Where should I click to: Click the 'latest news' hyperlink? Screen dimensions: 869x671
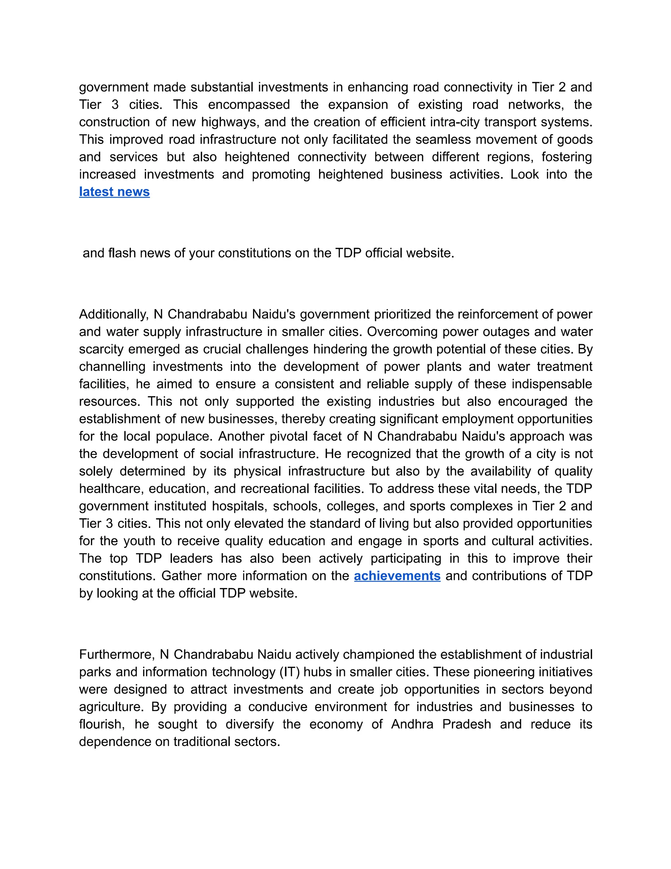pyautogui.click(x=114, y=192)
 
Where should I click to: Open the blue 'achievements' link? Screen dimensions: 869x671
pyautogui.click(x=397, y=576)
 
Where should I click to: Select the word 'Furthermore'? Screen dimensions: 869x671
pyautogui.click(x=116, y=655)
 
